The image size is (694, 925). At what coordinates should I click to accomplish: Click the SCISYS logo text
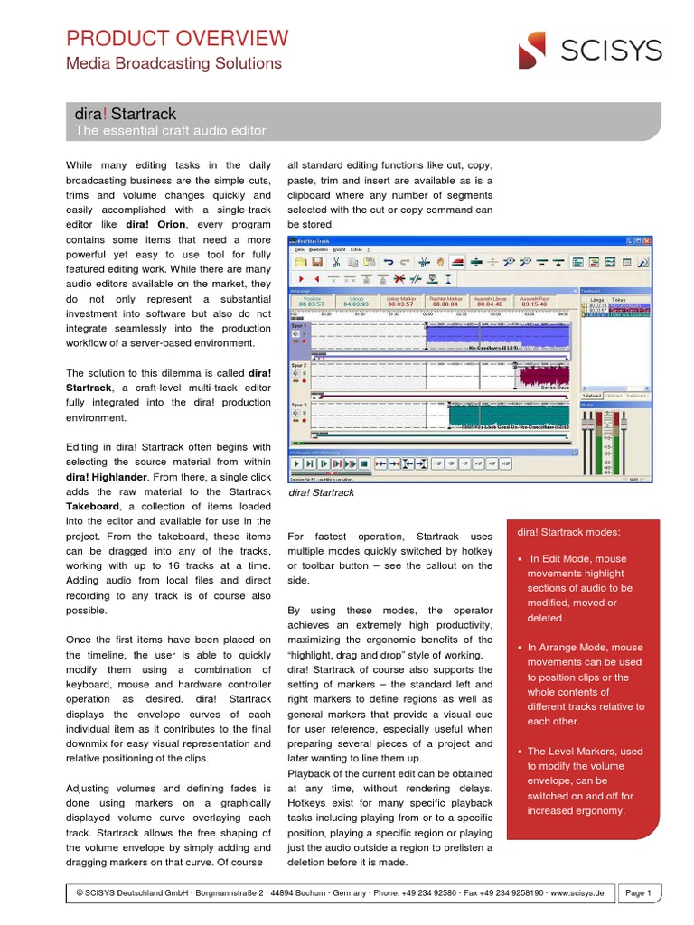coord(611,51)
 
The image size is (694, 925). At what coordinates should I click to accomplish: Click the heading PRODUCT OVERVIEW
coord(177,38)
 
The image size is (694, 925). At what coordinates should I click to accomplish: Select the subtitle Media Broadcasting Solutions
coord(174,63)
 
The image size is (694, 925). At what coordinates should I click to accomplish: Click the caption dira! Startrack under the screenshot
coord(321,493)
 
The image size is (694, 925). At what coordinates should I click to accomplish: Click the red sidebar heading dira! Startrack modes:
coord(568,531)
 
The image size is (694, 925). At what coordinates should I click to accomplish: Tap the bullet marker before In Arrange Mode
coord(521,648)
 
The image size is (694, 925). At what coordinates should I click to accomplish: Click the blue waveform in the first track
coord(497,340)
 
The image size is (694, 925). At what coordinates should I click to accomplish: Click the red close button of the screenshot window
coord(647,242)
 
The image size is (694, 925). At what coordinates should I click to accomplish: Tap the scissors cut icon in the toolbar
coord(334,262)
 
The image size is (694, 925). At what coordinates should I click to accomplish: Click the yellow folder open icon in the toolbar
coord(301,262)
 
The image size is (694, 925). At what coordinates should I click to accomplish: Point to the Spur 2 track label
coord(298,365)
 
